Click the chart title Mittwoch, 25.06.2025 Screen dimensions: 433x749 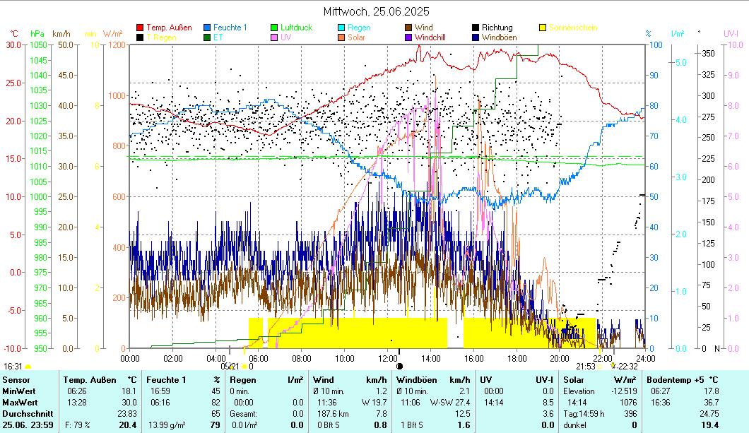[x=376, y=11]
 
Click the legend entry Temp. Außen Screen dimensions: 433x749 [x=168, y=28]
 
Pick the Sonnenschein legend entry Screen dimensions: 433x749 [x=573, y=28]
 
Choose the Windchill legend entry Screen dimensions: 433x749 [x=430, y=37]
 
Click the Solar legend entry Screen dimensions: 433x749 [x=356, y=37]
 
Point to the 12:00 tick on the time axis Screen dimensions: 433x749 [x=388, y=358]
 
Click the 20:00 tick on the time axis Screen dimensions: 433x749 [x=560, y=358]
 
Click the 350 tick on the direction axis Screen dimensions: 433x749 [x=707, y=53]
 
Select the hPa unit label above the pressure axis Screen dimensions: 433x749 [x=37, y=33]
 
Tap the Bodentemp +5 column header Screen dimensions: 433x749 [x=683, y=380]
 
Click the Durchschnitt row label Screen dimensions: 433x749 [x=25, y=413]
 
